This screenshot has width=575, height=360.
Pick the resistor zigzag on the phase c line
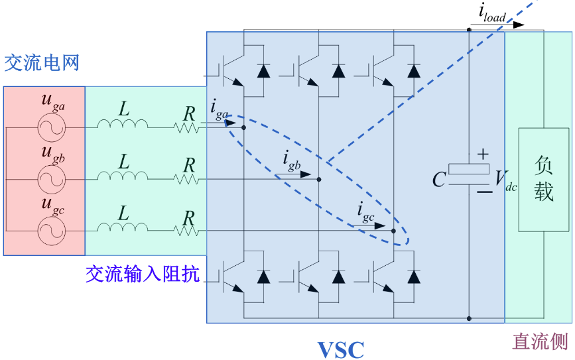coord(188,230)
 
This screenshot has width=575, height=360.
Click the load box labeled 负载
coord(544,179)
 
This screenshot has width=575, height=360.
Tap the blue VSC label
coord(340,348)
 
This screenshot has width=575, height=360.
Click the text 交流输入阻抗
coord(142,273)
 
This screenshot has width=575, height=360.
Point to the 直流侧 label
coord(540,341)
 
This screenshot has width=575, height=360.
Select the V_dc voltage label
coord(505,178)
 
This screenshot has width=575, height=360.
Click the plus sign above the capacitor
coord(483,154)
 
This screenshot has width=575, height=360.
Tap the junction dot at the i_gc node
coord(393,231)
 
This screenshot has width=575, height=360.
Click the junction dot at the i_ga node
coord(244,127)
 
